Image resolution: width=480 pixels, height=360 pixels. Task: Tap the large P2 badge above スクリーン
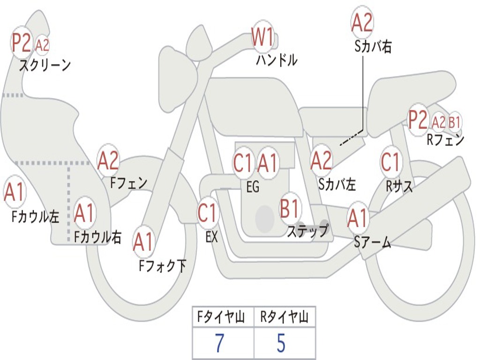tap(22, 43)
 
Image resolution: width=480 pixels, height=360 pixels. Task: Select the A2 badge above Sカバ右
tap(362, 22)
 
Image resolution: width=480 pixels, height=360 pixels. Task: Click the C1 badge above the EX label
tap(208, 213)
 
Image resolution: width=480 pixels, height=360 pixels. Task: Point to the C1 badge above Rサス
tap(390, 162)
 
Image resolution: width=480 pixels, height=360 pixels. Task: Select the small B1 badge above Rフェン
tap(454, 122)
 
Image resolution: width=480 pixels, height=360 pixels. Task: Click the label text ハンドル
tap(277, 60)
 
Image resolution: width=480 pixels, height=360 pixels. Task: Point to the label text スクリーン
tap(45, 65)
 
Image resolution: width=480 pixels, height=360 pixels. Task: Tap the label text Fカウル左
tap(36, 216)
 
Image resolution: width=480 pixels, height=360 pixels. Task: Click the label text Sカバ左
tap(337, 185)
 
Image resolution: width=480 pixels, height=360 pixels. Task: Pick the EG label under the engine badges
tap(253, 187)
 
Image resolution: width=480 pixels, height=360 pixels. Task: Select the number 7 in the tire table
tap(219, 344)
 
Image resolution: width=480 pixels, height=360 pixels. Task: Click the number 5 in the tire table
tap(281, 344)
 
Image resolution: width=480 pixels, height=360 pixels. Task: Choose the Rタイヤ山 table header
tap(284, 318)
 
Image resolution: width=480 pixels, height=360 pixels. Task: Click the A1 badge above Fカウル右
tap(84, 214)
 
